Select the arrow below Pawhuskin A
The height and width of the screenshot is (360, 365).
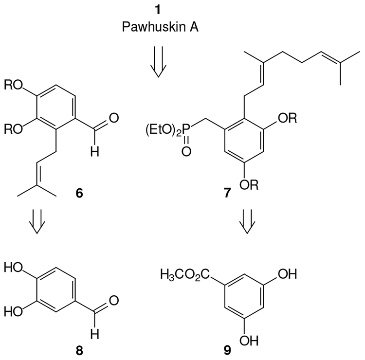tap(158, 69)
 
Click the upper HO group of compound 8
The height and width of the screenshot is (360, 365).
tap(14, 267)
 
